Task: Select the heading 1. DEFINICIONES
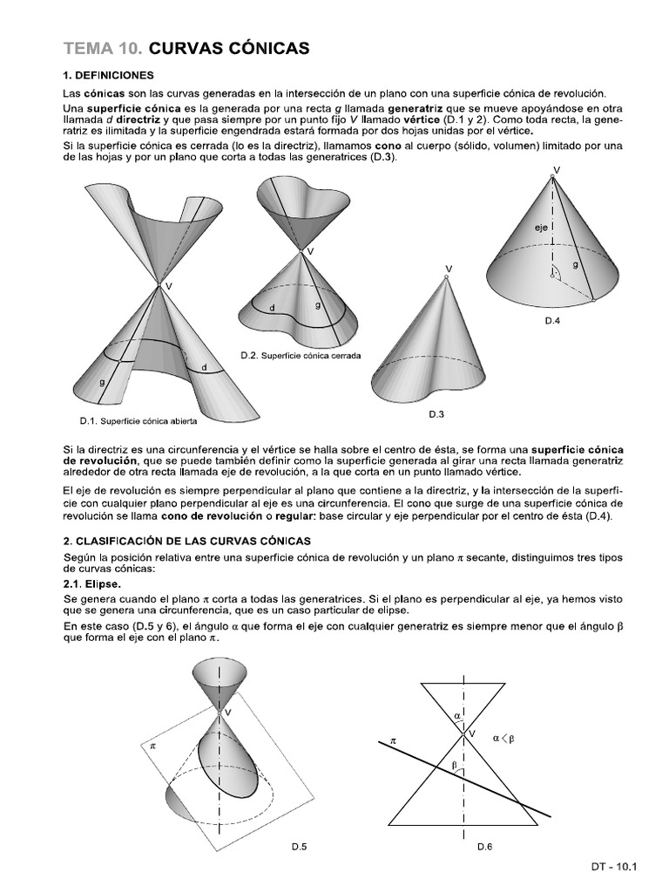[109, 75]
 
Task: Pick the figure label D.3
[436, 412]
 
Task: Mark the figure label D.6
[485, 847]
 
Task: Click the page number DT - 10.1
[614, 867]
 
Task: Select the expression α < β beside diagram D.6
[504, 737]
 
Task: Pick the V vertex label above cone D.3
[449, 268]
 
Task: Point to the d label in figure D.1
[204, 367]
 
